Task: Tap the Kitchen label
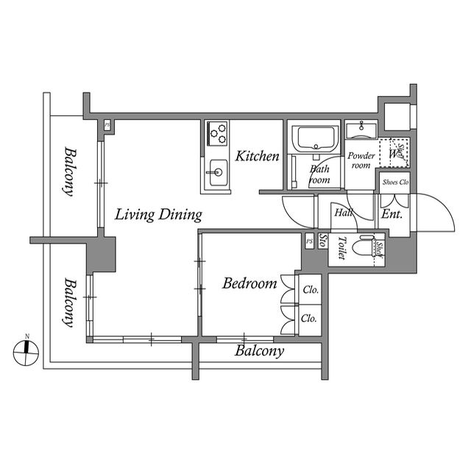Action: point(257,156)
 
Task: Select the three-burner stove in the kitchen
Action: point(217,132)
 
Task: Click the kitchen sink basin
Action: point(217,174)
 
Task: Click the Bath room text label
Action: point(320,174)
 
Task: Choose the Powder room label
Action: point(361,160)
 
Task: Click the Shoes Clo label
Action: point(394,182)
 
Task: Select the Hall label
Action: point(343,213)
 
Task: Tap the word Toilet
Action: point(341,248)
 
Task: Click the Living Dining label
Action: point(158,215)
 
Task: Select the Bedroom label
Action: point(249,283)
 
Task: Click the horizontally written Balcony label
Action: point(259,351)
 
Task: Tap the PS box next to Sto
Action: point(308,241)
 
